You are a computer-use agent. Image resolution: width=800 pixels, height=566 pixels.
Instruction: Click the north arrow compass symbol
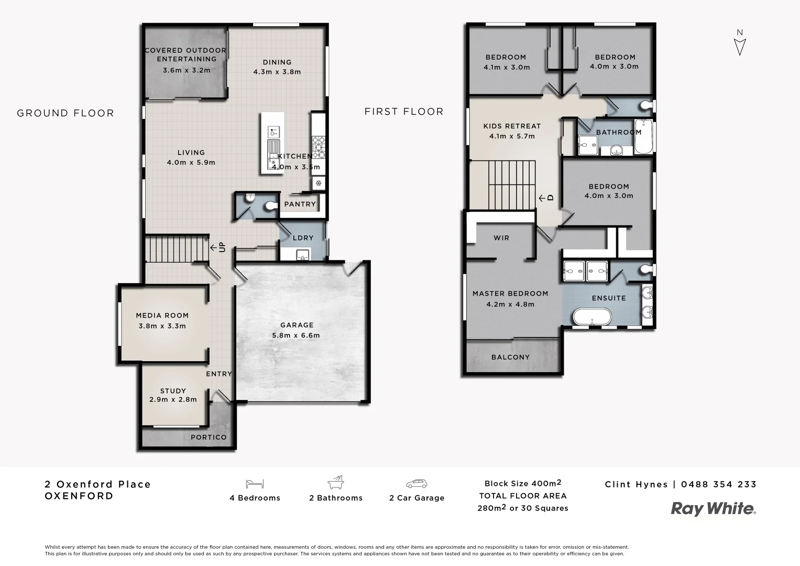(x=739, y=43)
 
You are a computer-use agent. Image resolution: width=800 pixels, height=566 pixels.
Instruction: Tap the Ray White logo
(x=714, y=509)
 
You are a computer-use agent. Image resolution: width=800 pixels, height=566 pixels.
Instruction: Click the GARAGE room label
(x=297, y=325)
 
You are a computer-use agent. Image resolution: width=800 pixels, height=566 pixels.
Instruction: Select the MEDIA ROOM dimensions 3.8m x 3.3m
(x=162, y=326)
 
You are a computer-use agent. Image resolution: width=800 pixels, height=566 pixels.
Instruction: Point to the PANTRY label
(x=300, y=204)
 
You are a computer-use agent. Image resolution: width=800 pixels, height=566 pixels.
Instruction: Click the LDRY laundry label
(x=303, y=238)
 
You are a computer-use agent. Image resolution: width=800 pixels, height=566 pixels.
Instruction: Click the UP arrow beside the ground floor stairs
(x=218, y=247)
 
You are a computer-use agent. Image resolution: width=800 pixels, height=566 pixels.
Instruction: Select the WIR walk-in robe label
(x=501, y=238)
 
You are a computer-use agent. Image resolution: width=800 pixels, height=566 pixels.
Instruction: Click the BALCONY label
(x=510, y=357)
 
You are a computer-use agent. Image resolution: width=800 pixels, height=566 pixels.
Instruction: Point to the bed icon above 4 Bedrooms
(x=255, y=484)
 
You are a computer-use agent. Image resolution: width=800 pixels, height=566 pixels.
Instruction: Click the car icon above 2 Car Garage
(x=417, y=484)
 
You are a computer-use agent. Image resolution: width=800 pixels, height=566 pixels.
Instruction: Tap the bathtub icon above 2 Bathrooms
(x=335, y=483)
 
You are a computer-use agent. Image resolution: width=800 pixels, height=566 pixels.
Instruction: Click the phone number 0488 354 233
(x=719, y=484)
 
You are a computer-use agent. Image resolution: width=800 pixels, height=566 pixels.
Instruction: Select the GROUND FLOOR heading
(x=65, y=113)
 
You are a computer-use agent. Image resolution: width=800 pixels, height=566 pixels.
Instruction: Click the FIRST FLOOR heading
(x=404, y=112)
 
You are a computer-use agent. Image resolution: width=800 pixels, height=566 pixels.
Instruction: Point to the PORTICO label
(x=209, y=437)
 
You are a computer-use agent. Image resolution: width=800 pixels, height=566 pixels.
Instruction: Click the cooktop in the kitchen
(x=319, y=147)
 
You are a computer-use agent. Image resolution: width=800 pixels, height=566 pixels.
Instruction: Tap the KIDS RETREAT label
(x=512, y=126)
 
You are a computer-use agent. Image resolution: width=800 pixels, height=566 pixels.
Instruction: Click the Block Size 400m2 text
(x=523, y=483)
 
